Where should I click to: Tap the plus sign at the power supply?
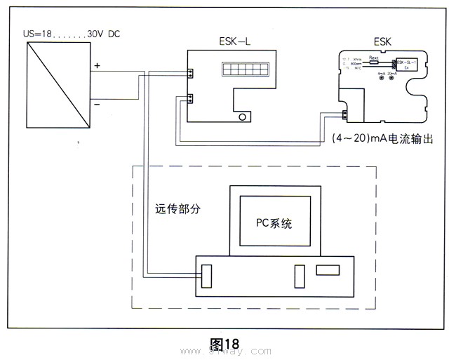pyautogui.click(x=97, y=66)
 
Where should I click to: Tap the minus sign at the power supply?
pyautogui.click(x=97, y=104)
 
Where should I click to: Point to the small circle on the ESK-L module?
pyautogui.click(x=243, y=117)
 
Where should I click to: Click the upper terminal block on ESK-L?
pyautogui.click(x=190, y=72)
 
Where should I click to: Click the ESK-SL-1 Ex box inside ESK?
pyautogui.click(x=408, y=66)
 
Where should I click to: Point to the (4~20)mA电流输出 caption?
pyautogui.click(x=382, y=139)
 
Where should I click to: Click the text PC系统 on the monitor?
pyautogui.click(x=273, y=225)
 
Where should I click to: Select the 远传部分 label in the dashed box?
pyautogui.click(x=177, y=208)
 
